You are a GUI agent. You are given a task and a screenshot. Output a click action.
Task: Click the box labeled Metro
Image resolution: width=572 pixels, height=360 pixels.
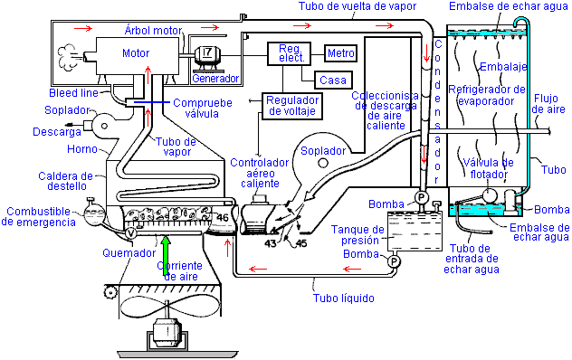click(x=340, y=52)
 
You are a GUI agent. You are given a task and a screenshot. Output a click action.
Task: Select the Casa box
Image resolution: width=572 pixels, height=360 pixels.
click(x=333, y=80)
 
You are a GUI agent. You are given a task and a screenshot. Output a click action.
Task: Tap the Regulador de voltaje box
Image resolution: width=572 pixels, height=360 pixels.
click(x=292, y=106)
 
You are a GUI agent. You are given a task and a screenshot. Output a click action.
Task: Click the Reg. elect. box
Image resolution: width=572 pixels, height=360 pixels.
click(x=290, y=53)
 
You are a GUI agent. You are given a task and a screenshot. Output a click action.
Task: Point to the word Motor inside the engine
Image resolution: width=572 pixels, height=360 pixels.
click(x=136, y=53)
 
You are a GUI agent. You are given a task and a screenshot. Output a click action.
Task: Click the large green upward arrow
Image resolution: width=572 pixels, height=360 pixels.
click(x=166, y=255)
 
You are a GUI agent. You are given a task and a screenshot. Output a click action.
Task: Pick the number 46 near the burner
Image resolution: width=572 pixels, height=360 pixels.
click(x=222, y=218)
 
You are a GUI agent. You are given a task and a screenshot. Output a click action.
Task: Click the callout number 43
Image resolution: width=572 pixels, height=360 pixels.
click(x=271, y=243)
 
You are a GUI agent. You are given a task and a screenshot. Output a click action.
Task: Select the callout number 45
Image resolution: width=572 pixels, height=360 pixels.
click(x=301, y=243)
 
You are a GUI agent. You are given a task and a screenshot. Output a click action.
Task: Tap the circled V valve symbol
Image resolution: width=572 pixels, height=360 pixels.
click(x=130, y=233)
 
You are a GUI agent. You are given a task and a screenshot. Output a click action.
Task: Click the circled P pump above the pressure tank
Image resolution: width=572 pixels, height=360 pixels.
click(x=421, y=198)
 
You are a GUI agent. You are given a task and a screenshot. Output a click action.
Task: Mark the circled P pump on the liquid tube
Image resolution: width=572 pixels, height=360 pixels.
click(x=394, y=261)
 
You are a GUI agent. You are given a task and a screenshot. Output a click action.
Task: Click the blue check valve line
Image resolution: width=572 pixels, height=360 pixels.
click(x=150, y=102)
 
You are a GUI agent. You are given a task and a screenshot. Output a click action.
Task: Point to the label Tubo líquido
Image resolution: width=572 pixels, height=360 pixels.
click(x=344, y=298)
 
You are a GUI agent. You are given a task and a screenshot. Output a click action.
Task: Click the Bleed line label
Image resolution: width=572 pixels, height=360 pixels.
click(x=73, y=92)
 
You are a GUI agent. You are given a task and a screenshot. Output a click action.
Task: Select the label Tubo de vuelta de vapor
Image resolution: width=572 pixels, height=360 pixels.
click(x=357, y=6)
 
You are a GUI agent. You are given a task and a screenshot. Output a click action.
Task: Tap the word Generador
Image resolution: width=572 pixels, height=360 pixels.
click(x=215, y=78)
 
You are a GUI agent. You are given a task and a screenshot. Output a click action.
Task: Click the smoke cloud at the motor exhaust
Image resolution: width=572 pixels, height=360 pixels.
click(x=68, y=58)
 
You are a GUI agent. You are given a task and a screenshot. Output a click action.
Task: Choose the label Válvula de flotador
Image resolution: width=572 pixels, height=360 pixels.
click(x=489, y=168)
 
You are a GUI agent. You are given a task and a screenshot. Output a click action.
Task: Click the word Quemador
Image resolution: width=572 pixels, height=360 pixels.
click(x=129, y=252)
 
